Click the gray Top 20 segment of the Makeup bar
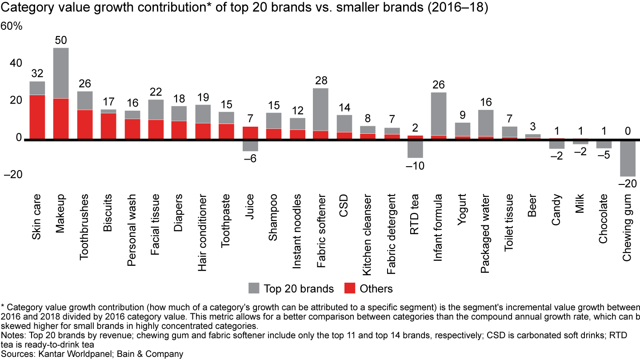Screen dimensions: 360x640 point(61,73)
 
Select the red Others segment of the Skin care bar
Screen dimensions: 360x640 point(37,117)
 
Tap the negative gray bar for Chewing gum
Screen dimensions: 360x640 point(628,159)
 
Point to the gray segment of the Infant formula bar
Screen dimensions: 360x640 point(438,114)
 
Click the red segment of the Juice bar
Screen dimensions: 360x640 point(250,133)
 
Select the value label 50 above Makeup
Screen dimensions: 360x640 point(61,40)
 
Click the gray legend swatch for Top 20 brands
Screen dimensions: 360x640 point(253,288)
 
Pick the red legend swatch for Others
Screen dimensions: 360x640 point(349,288)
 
